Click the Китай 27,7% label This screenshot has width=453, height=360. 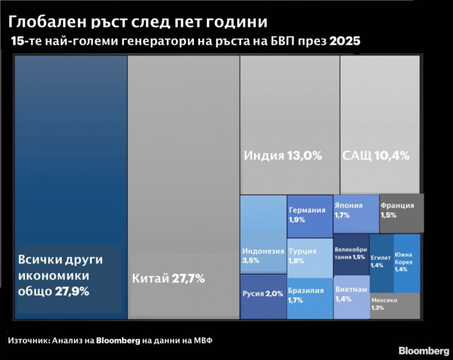[x=168, y=279]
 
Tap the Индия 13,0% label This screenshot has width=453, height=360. [x=283, y=156]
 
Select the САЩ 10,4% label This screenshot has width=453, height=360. [x=376, y=156]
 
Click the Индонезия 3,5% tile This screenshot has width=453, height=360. [x=263, y=254]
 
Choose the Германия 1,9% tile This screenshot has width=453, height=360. [x=309, y=216]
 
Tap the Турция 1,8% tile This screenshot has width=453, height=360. [x=309, y=256]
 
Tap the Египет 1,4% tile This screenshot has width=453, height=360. [x=381, y=262]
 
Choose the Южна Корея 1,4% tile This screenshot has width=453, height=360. [x=406, y=262]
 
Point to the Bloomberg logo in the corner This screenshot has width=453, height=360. [x=423, y=351]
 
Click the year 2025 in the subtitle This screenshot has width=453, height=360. [x=345, y=42]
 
